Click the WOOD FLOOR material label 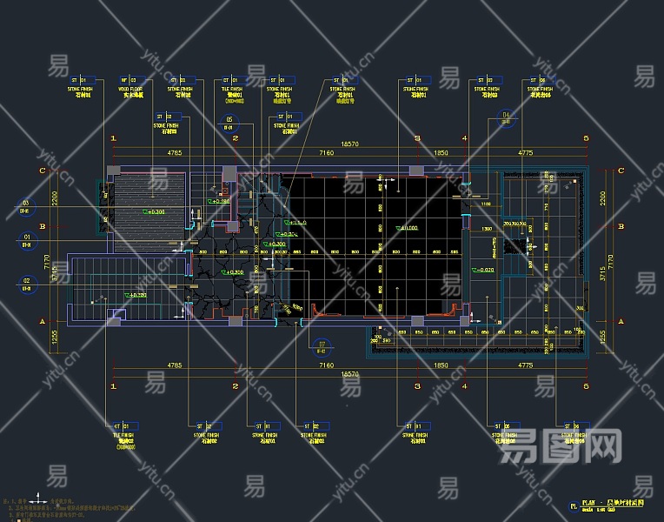click(x=130, y=89)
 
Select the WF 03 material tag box click(x=129, y=79)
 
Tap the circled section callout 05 click(x=230, y=120)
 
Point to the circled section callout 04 click(x=506, y=115)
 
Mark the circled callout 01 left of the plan click(x=26, y=238)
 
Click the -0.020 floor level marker click(x=484, y=271)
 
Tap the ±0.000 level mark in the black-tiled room click(x=406, y=229)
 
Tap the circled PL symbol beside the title click(x=573, y=505)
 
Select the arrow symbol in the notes click(x=43, y=502)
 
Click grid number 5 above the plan click(x=586, y=138)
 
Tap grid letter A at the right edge click(x=621, y=321)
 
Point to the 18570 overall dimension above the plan click(x=349, y=144)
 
